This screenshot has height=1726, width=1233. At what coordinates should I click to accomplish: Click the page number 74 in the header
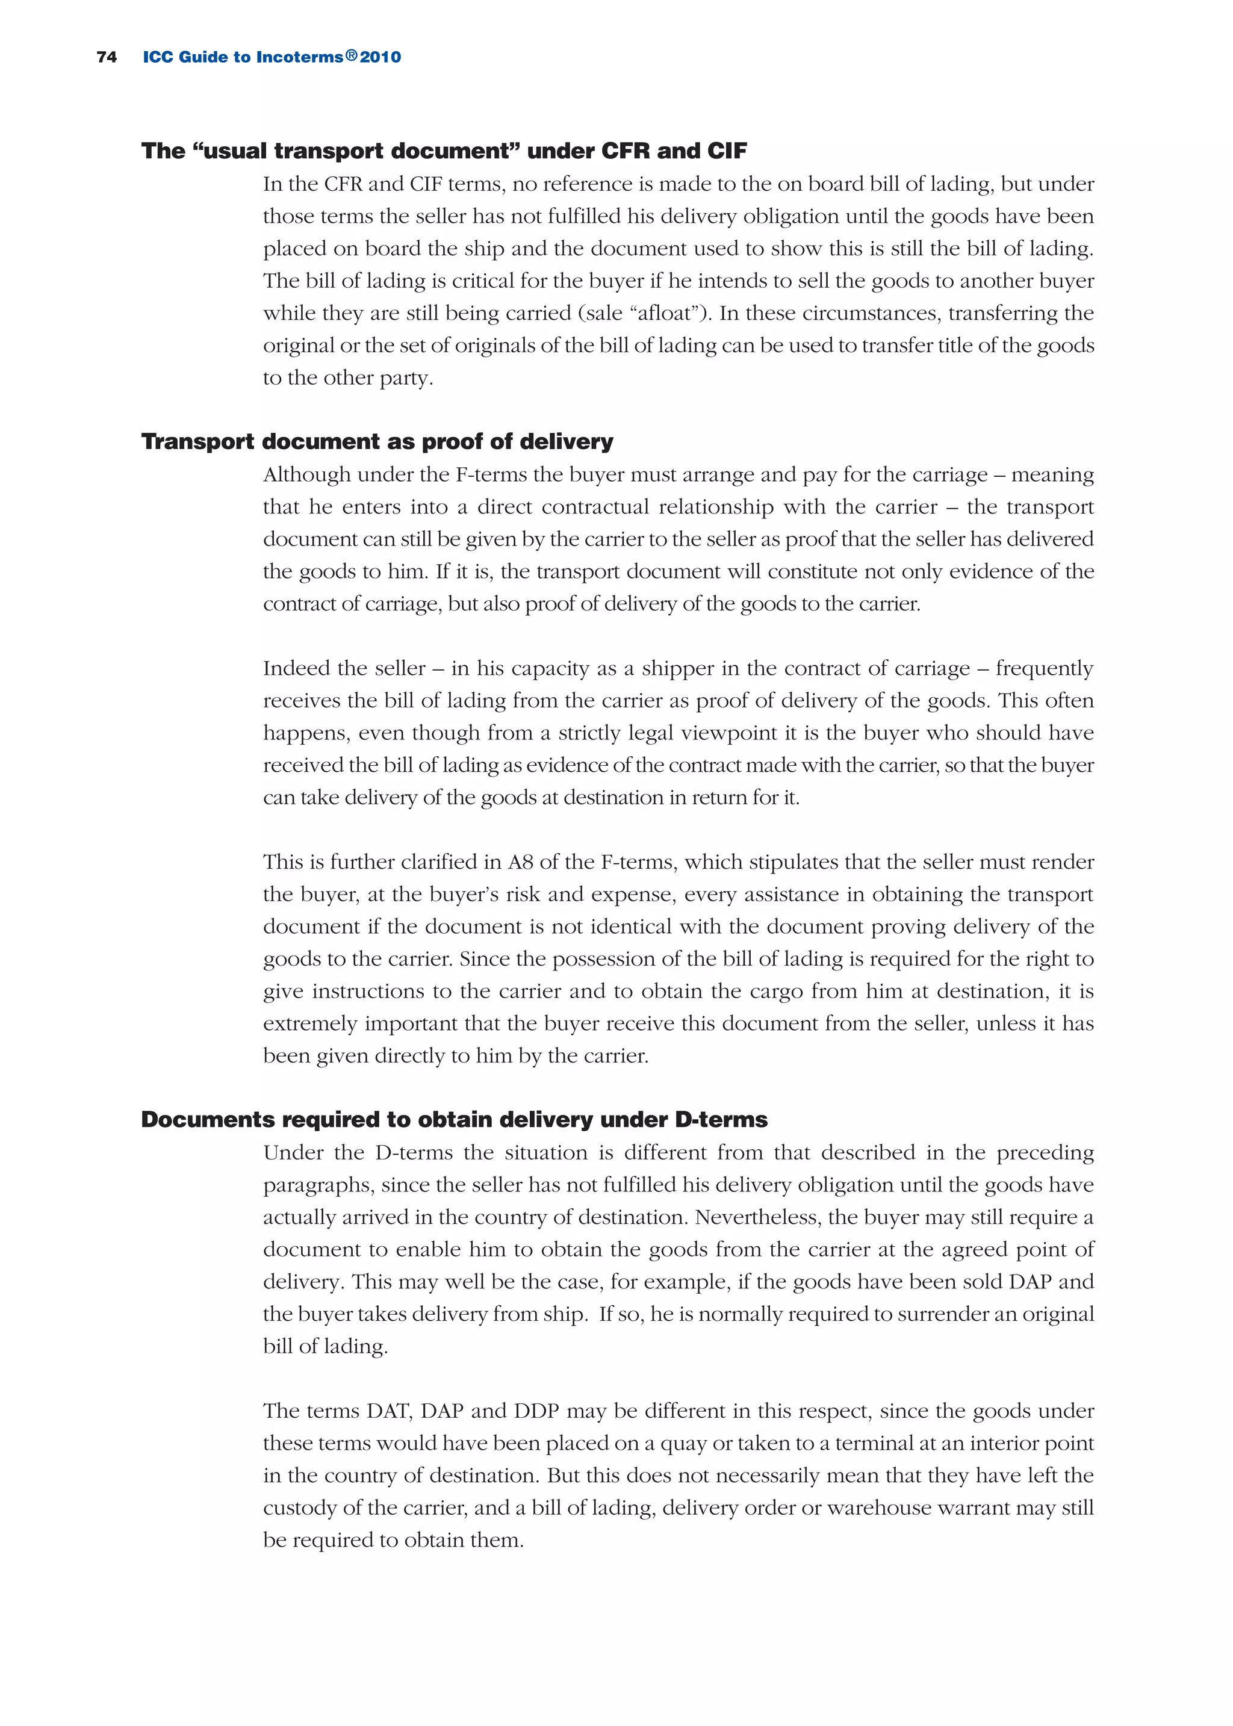click(x=107, y=57)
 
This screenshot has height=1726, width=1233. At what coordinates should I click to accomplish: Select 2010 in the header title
click(x=380, y=57)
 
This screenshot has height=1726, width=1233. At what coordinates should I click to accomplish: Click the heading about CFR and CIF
click(x=444, y=151)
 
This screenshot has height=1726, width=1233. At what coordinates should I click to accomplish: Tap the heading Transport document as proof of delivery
click(x=377, y=442)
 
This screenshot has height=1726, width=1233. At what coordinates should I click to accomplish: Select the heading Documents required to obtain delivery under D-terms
click(x=454, y=1120)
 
